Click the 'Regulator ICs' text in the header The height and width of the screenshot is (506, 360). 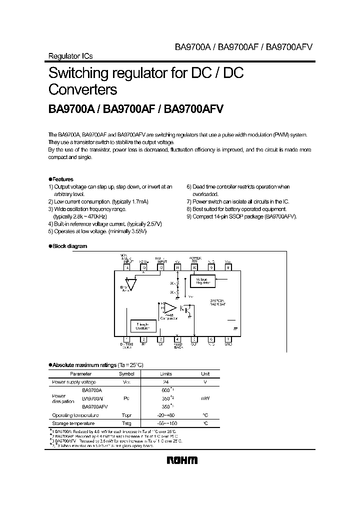tap(70, 56)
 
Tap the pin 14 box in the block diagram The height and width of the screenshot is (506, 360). tap(126, 267)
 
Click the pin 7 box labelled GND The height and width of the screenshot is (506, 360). tap(228, 339)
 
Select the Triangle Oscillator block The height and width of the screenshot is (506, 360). tap(143, 326)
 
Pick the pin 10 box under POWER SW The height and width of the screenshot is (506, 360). tap(194, 267)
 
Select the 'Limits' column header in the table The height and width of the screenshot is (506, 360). tap(165, 373)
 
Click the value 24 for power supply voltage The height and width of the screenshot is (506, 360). tap(165, 382)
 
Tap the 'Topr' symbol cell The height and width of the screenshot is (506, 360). tap(126, 415)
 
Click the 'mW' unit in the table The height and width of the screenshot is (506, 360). tap(205, 398)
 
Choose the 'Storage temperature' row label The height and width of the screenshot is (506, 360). tap(73, 423)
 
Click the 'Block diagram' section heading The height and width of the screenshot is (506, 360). tap(69, 246)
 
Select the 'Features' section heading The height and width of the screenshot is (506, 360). tap(63, 179)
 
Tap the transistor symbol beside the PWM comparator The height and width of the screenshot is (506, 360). tap(189, 309)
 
